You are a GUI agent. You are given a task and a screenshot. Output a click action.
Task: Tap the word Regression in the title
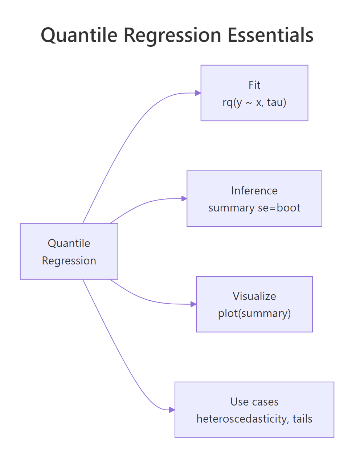tap(172, 36)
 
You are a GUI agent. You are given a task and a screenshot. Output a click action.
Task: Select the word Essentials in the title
tap(270, 36)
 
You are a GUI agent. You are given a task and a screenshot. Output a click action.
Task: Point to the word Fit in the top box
tap(254, 85)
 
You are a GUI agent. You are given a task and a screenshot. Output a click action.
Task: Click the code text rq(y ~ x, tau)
tap(254, 102)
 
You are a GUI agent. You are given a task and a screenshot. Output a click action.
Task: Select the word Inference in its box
tap(254, 190)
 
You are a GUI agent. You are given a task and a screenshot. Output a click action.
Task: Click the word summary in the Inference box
tap(231, 208)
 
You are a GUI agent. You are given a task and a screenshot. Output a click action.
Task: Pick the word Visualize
tap(254, 296)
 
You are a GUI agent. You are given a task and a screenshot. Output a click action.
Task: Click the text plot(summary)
tap(254, 313)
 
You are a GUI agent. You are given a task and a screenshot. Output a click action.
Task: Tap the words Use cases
tap(254, 402)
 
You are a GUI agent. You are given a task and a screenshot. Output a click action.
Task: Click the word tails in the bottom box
tap(302, 419)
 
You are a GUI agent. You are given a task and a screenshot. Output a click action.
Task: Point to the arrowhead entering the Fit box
tap(198, 93)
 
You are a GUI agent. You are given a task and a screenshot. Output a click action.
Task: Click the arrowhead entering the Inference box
tap(184, 199)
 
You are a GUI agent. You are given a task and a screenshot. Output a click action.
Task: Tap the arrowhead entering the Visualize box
tap(194, 304)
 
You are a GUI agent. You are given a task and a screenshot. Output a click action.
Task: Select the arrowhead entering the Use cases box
tap(172, 410)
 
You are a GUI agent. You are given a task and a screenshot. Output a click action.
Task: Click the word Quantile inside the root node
tap(69, 243)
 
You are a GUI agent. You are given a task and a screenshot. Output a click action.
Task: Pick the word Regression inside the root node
tap(69, 260)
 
